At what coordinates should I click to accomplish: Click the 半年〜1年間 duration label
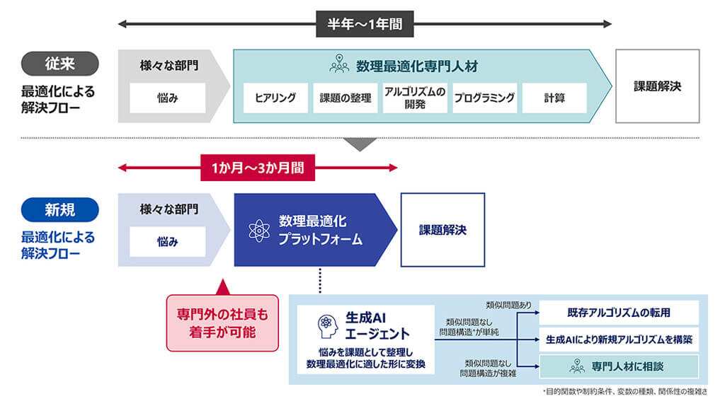pos(365,25)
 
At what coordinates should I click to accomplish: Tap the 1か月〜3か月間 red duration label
pos(258,168)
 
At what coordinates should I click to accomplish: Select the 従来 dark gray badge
pos(59,64)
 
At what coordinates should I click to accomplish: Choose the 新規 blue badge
pos(59,209)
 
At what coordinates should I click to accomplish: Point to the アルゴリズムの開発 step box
pos(415,98)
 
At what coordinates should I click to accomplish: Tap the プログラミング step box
pos(484,98)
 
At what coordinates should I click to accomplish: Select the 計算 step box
pos(554,98)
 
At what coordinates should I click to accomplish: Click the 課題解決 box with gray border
pos(657,86)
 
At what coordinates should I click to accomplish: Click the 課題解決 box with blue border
pos(443,230)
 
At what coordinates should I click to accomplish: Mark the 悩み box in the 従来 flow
pos(167,98)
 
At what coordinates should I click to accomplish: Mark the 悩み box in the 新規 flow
pos(167,242)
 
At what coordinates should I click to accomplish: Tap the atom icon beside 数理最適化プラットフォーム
pos(259,231)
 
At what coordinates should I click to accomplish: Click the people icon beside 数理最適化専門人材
pos(340,65)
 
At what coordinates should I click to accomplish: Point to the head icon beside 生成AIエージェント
pos(327,324)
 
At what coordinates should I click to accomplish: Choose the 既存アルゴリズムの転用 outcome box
pos(619,313)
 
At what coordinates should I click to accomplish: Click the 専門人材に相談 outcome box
pos(619,366)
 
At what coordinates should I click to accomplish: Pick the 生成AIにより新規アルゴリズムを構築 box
pos(619,340)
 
